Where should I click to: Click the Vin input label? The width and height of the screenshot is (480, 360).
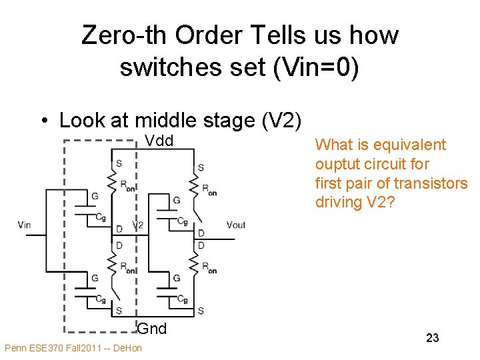click(25, 225)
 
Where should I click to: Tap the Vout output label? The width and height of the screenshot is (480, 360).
click(236, 225)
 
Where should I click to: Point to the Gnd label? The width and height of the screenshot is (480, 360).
click(152, 328)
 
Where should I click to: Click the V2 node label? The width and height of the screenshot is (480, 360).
click(137, 225)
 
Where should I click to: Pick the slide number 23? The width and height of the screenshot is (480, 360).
click(432, 338)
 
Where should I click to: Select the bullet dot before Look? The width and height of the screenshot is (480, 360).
click(44, 121)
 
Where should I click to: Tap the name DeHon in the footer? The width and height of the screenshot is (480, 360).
click(127, 349)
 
